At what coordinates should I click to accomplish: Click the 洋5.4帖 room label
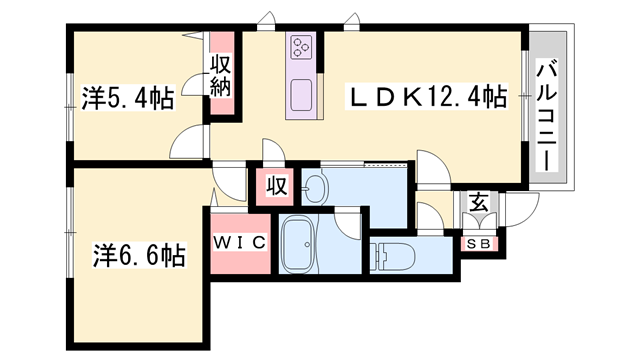(127, 98)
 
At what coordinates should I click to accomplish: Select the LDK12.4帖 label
(426, 97)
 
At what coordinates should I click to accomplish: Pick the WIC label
(240, 243)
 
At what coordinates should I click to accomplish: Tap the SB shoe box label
(478, 243)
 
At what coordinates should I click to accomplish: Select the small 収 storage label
(277, 186)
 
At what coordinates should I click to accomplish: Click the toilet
(393, 254)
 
